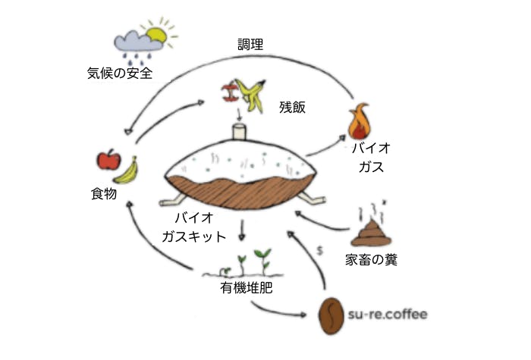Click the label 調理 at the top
(250, 45)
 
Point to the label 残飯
(292, 107)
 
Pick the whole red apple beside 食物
(109, 160)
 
